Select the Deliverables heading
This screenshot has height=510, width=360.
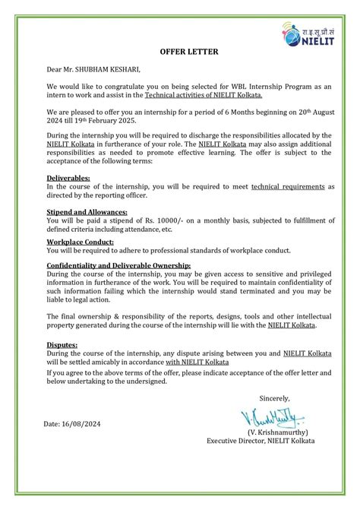[68, 178]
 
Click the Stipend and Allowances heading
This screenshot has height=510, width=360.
[87, 212]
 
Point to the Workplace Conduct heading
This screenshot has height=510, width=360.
[81, 242]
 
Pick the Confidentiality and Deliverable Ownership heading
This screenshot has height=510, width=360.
[118, 265]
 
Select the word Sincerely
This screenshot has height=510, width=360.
[274, 398]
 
